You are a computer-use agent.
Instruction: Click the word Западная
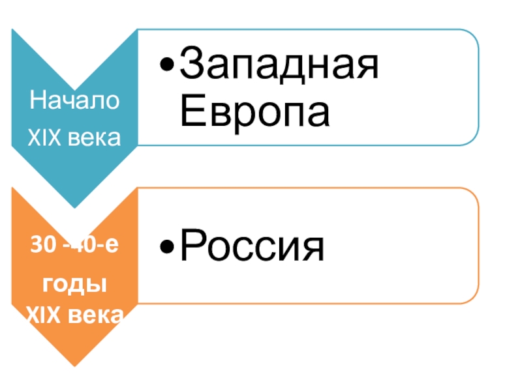(x=279, y=67)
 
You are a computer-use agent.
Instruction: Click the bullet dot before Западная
(x=168, y=67)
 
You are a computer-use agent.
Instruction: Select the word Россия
(x=251, y=247)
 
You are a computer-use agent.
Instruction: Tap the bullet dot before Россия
(x=168, y=248)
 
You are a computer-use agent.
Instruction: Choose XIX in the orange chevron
(x=42, y=317)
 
